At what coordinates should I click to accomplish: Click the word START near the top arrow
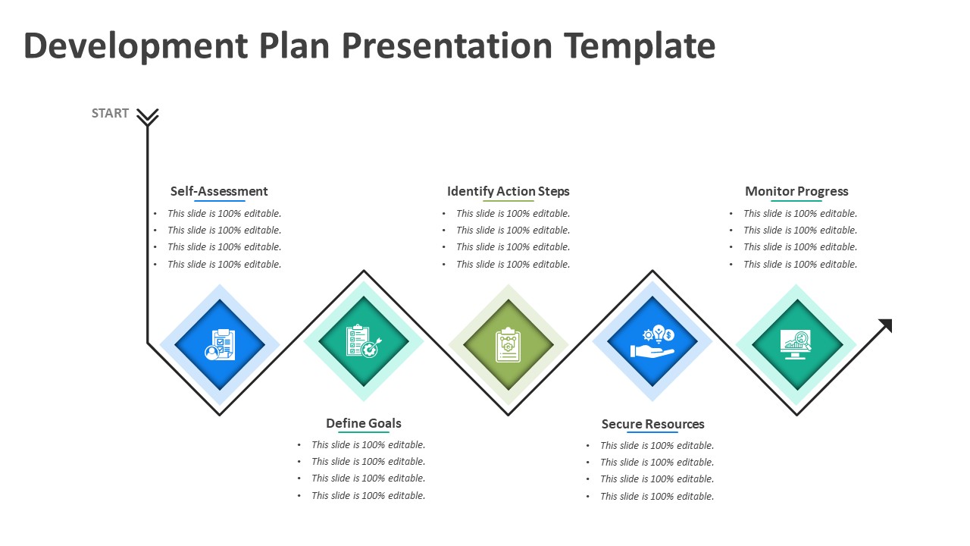pos(110,113)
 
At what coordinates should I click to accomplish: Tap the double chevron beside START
pos(147,116)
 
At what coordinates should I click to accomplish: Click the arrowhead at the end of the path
pos(885,326)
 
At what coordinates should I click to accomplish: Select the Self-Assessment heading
pos(219,191)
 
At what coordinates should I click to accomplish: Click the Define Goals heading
pos(364,423)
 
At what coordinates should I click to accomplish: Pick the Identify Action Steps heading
pos(508,191)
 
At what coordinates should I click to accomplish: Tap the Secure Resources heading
pos(652,424)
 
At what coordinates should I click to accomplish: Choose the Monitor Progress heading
pos(796,191)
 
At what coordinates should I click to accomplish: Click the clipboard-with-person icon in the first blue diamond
pos(220,344)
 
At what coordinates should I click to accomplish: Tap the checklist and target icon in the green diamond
pos(364,341)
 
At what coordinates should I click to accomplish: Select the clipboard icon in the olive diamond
pos(508,345)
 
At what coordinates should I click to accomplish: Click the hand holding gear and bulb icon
pos(652,342)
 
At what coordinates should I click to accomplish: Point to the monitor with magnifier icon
pos(796,344)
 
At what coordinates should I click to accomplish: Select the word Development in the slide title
pos(136,45)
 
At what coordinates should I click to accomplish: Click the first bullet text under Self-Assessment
pos(224,214)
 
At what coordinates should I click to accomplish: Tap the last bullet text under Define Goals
pos(368,496)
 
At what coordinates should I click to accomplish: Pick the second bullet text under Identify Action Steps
pos(513,231)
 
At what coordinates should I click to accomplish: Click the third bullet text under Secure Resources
pos(657,479)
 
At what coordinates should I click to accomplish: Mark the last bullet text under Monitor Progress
pos(800,265)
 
